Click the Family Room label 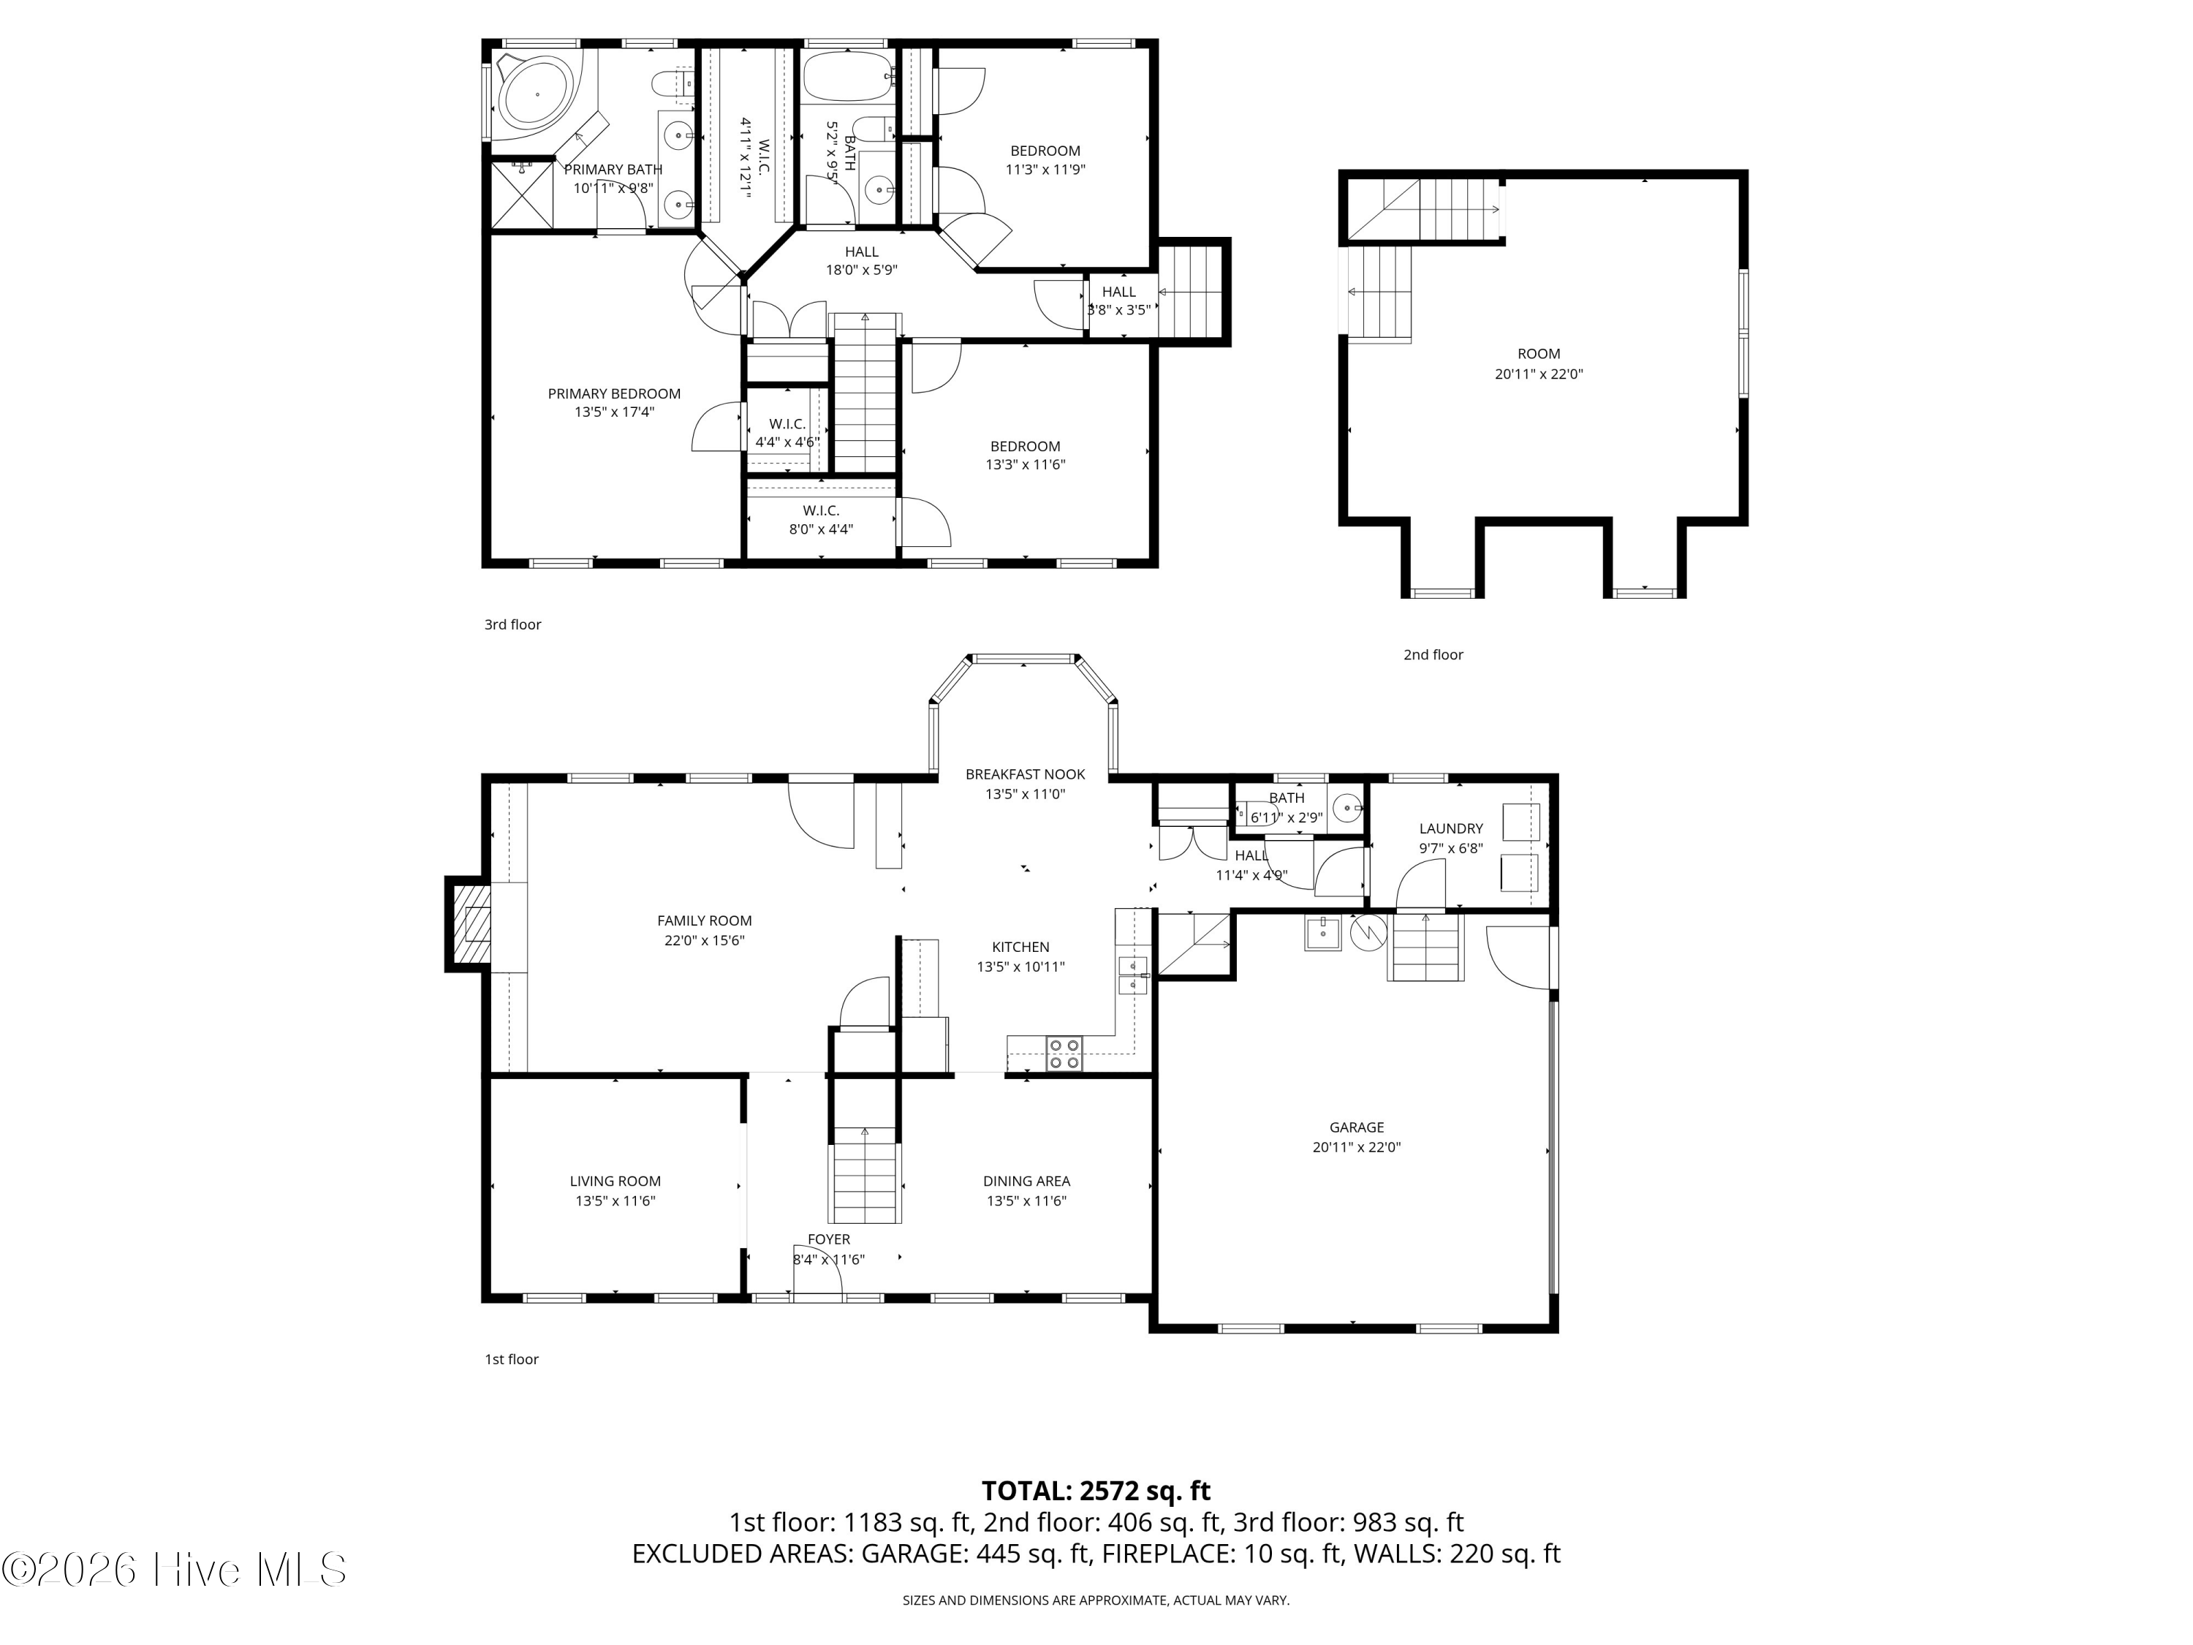704,920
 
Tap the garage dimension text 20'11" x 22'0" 1356,1147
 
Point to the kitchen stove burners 1065,1053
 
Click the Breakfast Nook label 1025,774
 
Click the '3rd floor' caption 512,624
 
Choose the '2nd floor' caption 1433,654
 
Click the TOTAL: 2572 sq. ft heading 1096,1490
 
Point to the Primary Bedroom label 614,393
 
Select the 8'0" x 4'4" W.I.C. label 821,529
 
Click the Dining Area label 1026,1181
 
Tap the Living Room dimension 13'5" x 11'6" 615,1200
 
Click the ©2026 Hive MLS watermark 173,1570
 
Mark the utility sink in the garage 1322,933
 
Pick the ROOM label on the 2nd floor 1539,354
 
